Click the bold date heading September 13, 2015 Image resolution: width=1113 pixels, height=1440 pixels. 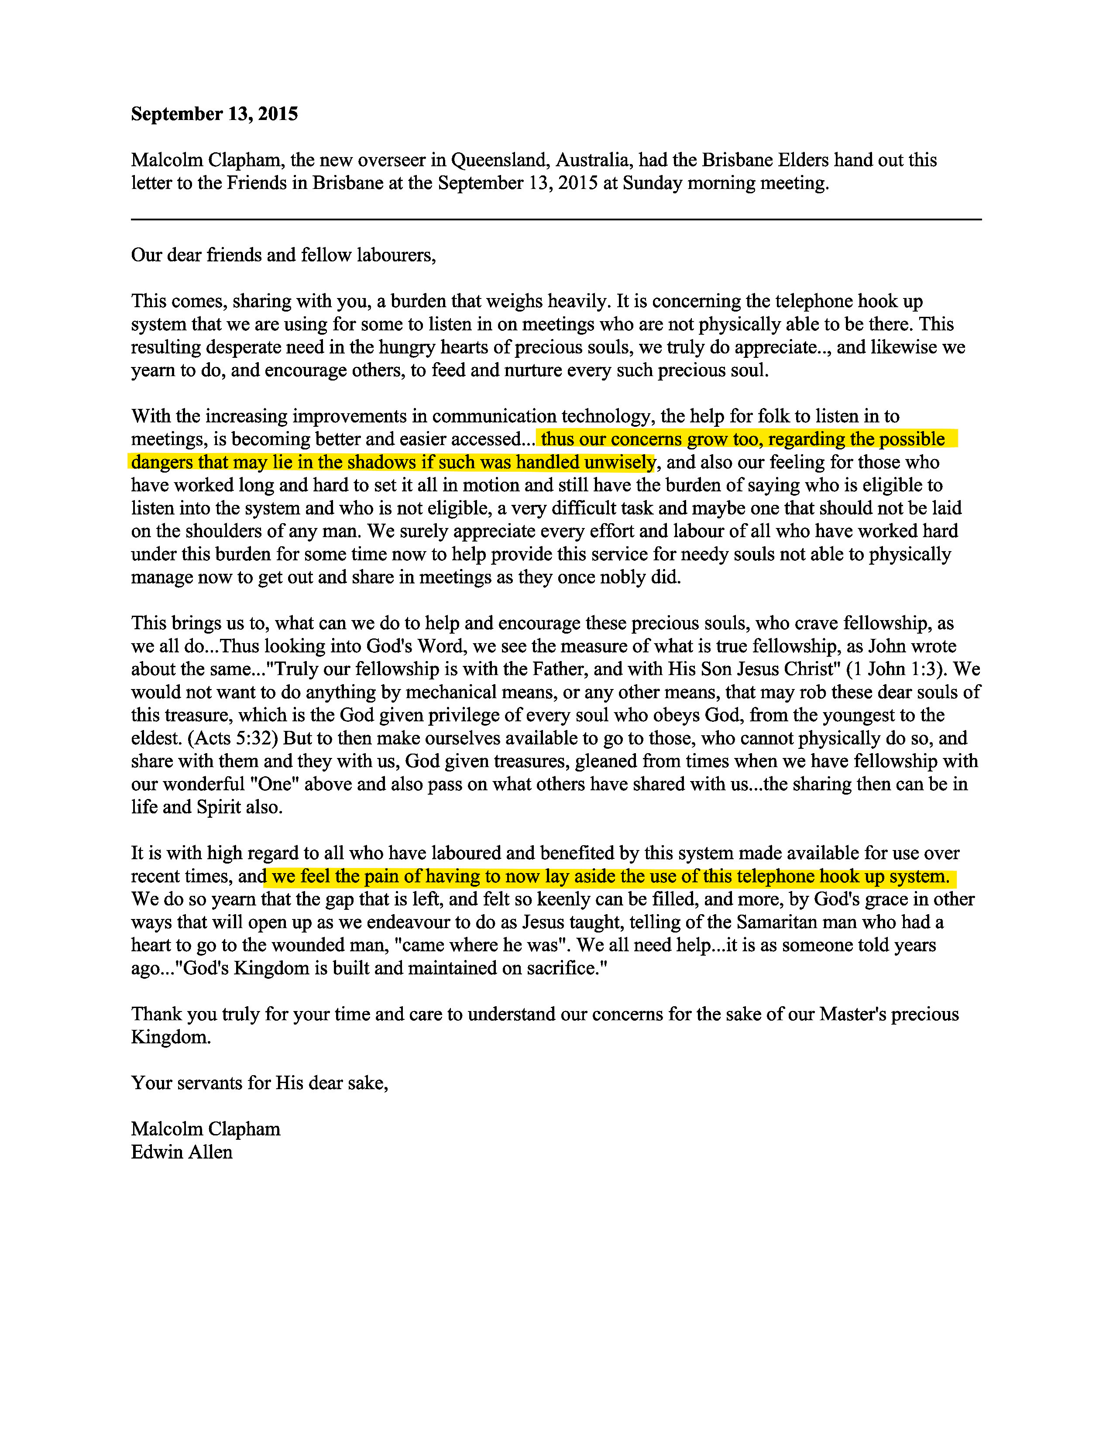point(214,114)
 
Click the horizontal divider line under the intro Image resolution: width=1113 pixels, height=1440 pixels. point(556,219)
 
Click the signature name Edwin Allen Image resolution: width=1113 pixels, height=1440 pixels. point(182,1152)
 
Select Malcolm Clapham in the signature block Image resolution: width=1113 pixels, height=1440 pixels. point(206,1129)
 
